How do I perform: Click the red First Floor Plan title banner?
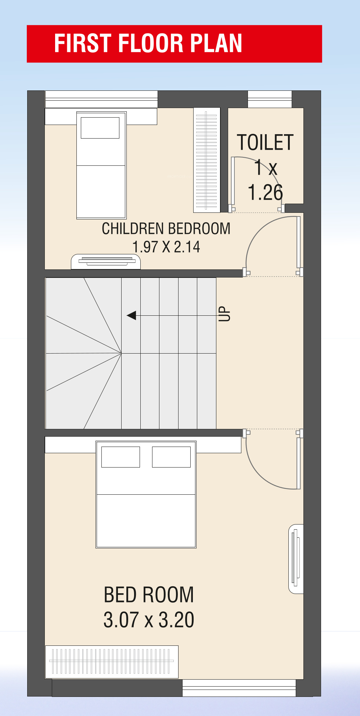point(174,44)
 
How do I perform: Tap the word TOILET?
point(265,143)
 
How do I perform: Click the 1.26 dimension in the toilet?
point(265,192)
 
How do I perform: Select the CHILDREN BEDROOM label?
point(166,229)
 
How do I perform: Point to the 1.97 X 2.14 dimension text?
point(166,247)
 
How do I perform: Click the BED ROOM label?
point(149,595)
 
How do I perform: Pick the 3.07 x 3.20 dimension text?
point(149,620)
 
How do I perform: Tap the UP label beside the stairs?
point(224,314)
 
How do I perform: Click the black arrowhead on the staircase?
point(132,315)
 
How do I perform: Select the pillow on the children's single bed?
point(100,128)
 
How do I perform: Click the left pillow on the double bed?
point(120,457)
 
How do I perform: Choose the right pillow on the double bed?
point(171,457)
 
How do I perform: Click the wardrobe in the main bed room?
point(112,662)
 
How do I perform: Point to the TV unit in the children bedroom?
point(106,261)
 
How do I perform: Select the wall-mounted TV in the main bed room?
point(296,559)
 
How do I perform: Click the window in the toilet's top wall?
point(270,99)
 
